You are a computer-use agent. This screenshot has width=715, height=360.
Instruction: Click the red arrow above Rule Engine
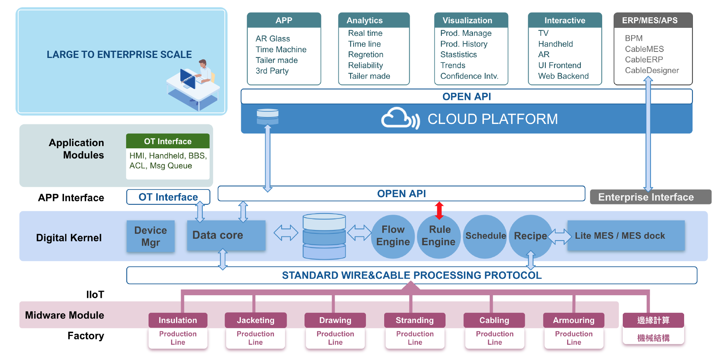tap(439, 211)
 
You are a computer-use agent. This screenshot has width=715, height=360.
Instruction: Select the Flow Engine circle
tap(393, 236)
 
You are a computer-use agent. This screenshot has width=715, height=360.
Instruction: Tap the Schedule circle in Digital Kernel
tap(485, 236)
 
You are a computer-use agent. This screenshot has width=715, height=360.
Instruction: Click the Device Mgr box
tap(151, 236)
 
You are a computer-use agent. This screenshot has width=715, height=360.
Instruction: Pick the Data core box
tap(226, 235)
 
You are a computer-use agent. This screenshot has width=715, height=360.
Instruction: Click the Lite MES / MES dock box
tap(626, 236)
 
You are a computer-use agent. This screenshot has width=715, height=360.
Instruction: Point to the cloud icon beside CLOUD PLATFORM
tap(400, 118)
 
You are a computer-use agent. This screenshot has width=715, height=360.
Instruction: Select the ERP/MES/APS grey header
tap(653, 20)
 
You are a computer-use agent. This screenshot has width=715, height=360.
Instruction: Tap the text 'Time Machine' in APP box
tap(281, 50)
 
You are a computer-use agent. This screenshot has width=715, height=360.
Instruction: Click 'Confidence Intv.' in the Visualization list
tap(469, 76)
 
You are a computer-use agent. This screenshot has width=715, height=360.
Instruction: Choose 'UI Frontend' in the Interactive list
tap(559, 65)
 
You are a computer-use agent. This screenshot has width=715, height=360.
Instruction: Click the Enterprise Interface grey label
tap(650, 197)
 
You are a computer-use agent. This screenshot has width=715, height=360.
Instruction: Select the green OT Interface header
tap(168, 141)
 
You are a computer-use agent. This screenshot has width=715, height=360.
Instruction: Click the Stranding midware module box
tap(415, 320)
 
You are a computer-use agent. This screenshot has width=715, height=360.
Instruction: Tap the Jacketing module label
tap(255, 320)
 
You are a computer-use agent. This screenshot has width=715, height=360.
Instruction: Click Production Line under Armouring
tap(574, 338)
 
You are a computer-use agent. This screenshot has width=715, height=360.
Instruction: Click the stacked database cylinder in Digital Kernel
tap(324, 236)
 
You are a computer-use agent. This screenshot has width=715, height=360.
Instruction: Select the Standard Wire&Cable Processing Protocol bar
tap(412, 275)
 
